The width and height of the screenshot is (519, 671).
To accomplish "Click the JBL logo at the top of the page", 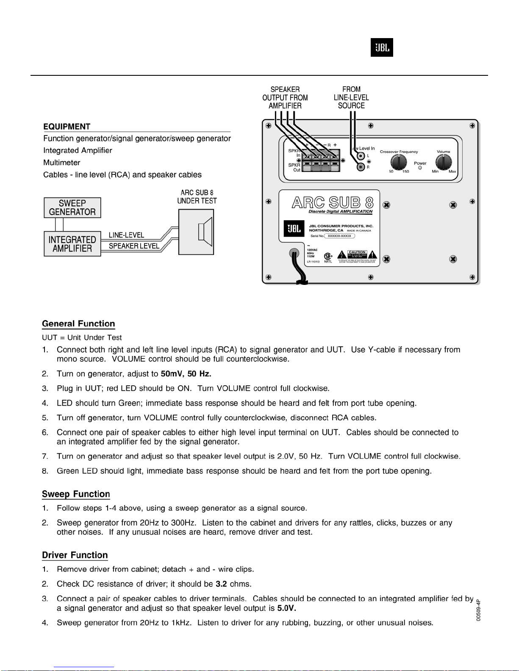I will pos(382,47).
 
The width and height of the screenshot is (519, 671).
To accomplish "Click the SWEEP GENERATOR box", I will pos(72,207).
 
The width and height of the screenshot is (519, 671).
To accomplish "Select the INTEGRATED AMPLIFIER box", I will pos(72,244).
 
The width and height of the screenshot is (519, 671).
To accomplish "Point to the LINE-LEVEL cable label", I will pos(126,235).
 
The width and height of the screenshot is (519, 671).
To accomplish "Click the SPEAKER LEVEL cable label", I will pos(134,246).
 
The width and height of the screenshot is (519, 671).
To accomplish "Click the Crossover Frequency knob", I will pos(399,162).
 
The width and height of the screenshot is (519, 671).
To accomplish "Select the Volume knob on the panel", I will pos(444,162).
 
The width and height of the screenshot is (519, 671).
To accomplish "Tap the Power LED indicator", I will pos(420,168).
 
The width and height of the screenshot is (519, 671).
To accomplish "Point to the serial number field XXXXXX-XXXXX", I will pos(339,236).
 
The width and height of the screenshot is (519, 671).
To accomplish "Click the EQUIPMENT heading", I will pos(67,127).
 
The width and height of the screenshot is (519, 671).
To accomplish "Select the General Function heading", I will pos(78,324).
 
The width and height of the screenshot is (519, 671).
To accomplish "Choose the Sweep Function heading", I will pos(76,494).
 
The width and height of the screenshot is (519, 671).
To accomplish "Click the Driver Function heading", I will pos(75,555).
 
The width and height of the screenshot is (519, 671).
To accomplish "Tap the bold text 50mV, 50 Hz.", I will pos(186,374).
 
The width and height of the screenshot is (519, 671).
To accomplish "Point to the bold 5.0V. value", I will pos(286,608).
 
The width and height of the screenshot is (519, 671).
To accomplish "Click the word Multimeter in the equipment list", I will pos(62,163).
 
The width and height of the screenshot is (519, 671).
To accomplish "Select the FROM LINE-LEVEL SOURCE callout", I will pos(351,97).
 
